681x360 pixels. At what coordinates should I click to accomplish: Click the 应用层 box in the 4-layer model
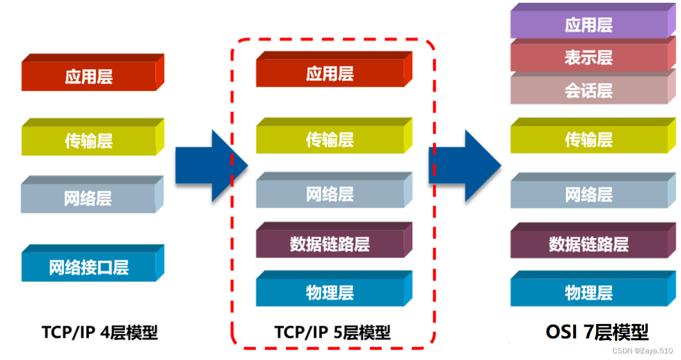coord(89,76)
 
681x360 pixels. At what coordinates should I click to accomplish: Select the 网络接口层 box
coord(89,267)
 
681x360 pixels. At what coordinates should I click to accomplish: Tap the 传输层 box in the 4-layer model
coord(89,140)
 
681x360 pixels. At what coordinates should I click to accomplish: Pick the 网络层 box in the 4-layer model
coord(89,198)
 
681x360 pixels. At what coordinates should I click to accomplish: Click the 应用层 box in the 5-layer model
coord(330,73)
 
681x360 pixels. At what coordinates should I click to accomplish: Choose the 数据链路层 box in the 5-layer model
coord(330,244)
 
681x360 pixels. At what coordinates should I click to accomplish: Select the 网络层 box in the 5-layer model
coord(330,194)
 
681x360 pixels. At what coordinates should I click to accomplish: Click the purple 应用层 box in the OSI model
coord(589,25)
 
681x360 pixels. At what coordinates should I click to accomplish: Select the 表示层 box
coord(589,58)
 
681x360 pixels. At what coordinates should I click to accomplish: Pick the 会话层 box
coord(589,90)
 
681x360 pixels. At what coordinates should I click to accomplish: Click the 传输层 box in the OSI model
coord(589,140)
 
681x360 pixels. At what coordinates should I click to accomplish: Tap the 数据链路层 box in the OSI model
coord(589,244)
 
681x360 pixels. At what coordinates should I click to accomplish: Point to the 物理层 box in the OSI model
coord(589,293)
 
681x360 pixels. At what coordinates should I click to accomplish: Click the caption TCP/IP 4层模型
coord(99,332)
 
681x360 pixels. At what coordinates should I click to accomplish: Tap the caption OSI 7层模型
coord(597,331)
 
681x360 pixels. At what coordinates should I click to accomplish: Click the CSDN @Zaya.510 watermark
coord(642,351)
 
